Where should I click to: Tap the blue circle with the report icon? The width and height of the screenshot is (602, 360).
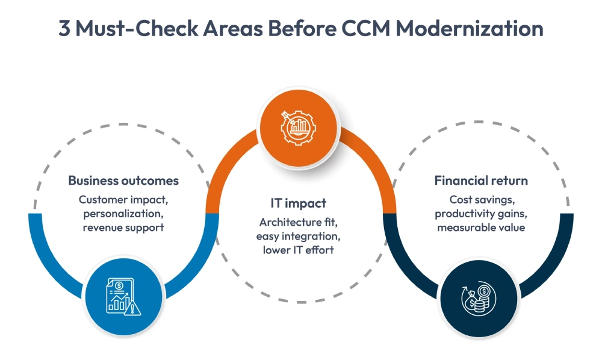coord(123,297)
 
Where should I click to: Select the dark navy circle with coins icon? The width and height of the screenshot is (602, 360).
coord(478,297)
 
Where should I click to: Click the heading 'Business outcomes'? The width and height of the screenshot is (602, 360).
coord(123,181)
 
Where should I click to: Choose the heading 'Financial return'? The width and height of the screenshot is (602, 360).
coord(481,181)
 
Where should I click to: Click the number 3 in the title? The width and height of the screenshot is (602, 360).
coord(64,29)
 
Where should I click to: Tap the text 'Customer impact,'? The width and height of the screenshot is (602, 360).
coord(123,199)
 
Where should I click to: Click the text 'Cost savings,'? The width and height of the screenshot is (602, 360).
coord(481,199)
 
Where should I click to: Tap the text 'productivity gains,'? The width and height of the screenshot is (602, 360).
coord(481,213)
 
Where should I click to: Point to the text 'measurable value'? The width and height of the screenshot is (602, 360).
coord(481,228)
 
